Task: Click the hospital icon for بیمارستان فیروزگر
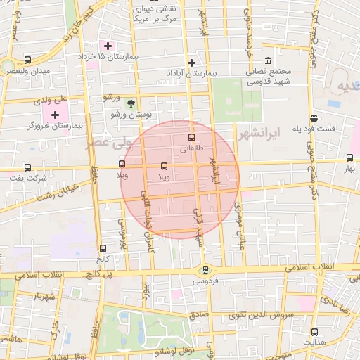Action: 55,113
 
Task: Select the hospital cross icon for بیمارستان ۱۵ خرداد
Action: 108,45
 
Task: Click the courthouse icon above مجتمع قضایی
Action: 267,61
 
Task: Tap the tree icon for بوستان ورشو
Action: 131,103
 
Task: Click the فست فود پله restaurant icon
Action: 313,118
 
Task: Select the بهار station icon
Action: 350,158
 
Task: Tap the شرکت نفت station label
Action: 30,179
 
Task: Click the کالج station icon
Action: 103,248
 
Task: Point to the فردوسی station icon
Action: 205,269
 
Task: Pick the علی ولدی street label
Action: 50,99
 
